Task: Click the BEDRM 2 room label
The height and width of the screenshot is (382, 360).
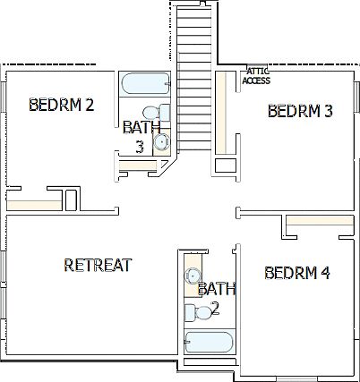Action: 62,105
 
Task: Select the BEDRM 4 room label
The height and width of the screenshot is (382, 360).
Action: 298,273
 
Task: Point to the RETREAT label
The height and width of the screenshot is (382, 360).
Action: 99,265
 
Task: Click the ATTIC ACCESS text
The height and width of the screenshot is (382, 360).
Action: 256,77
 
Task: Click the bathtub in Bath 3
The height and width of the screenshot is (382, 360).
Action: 144,85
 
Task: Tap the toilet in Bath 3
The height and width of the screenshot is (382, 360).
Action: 161,113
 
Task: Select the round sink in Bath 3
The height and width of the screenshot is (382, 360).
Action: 162,140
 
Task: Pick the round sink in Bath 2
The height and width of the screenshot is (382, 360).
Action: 193,276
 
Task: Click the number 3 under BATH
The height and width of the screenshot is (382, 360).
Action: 140,147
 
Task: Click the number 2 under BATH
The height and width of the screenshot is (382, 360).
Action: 216,308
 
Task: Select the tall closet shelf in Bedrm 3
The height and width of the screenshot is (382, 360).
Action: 220,111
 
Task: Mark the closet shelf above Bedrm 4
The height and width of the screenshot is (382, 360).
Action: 319,222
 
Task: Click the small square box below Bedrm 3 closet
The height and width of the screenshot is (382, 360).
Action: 225,166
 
